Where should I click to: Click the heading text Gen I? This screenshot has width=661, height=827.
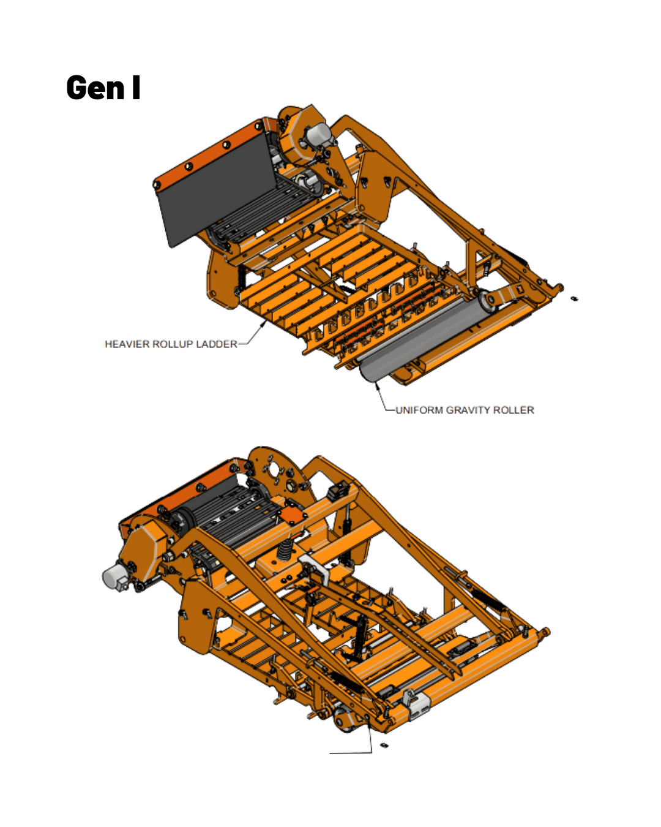103,88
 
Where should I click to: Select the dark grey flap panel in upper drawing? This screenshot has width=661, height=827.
215,188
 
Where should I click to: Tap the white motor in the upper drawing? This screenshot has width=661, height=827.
318,135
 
